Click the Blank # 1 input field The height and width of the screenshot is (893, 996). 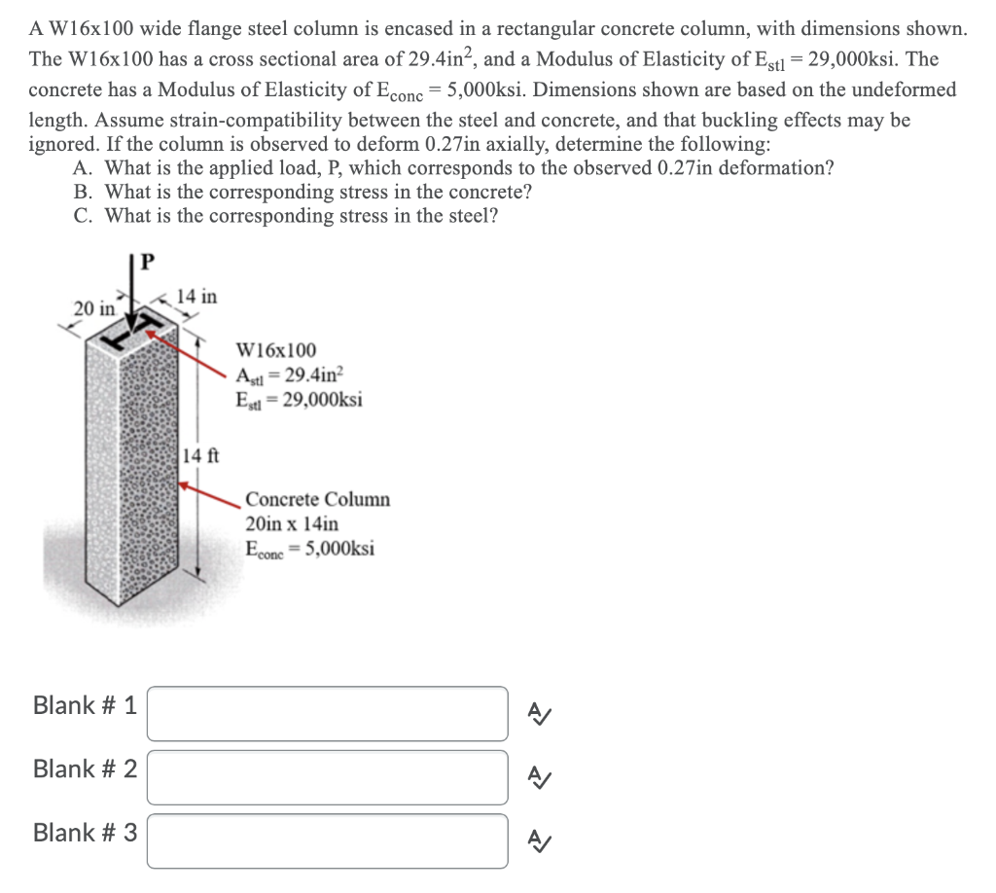pyautogui.click(x=327, y=713)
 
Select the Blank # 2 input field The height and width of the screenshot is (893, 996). pyautogui.click(x=327, y=777)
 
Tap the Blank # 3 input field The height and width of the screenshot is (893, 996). pyautogui.click(x=327, y=840)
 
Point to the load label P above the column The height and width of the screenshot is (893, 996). pyautogui.click(x=148, y=263)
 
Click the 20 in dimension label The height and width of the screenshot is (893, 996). pyautogui.click(x=94, y=308)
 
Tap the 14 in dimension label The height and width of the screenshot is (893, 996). pyautogui.click(x=199, y=296)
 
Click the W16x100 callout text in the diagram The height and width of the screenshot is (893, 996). pyautogui.click(x=276, y=350)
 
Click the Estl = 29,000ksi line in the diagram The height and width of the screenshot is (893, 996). pyautogui.click(x=299, y=399)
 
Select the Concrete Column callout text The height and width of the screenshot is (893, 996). pyautogui.click(x=317, y=500)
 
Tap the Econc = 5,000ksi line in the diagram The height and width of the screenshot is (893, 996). pyautogui.click(x=310, y=548)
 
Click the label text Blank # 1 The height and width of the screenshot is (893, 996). pyautogui.click(x=85, y=705)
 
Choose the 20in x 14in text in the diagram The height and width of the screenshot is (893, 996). pyautogui.click(x=292, y=523)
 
